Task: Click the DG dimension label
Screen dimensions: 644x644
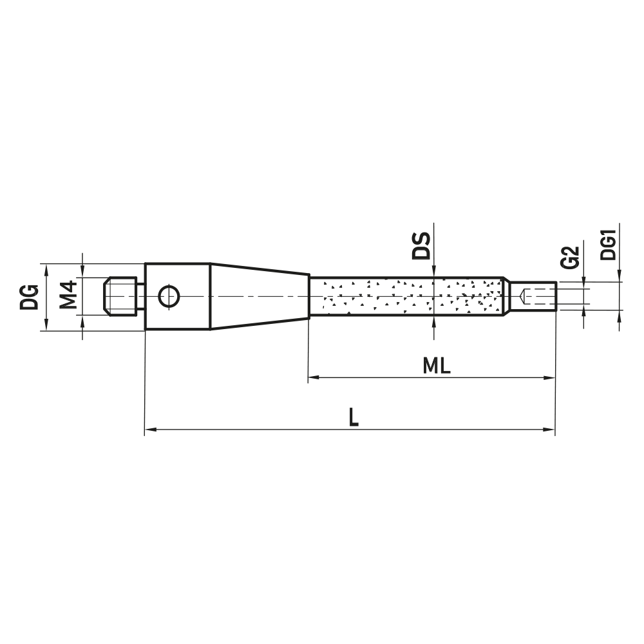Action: [29, 297]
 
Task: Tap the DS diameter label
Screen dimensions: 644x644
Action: [421, 245]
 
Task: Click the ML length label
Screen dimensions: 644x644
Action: [437, 366]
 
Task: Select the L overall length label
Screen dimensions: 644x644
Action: [353, 418]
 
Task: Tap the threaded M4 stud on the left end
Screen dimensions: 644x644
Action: [122, 296]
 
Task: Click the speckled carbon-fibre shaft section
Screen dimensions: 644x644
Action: [406, 296]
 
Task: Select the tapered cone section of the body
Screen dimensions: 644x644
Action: [258, 296]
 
